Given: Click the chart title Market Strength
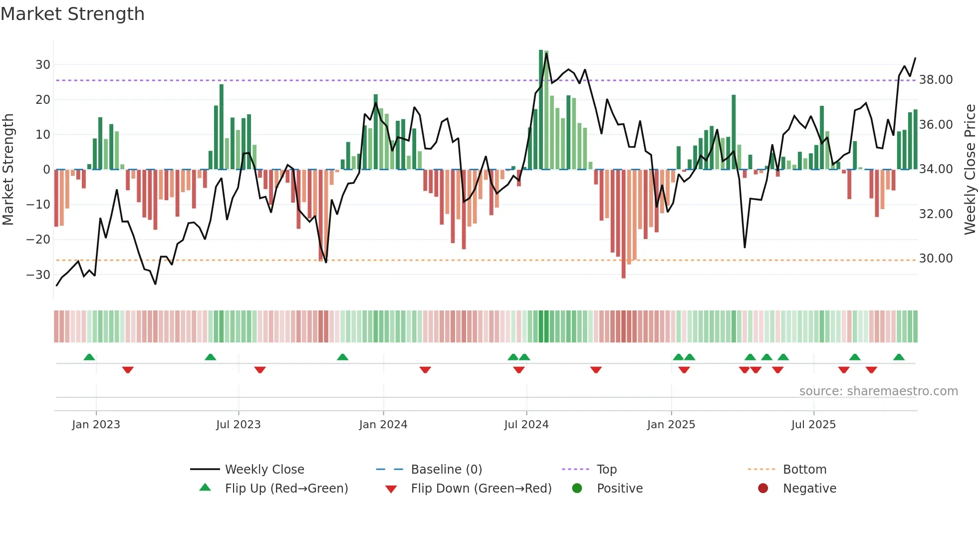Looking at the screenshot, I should tap(72, 14).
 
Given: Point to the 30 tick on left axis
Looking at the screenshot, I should tap(42, 64).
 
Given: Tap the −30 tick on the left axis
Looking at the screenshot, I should tap(38, 275).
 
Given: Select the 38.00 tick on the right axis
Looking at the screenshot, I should tap(936, 80).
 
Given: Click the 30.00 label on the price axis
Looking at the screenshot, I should tap(936, 259).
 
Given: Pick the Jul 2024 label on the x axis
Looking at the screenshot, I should tap(526, 425).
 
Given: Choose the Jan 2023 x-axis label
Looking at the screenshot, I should tap(96, 425).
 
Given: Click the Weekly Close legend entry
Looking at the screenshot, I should tap(264, 470).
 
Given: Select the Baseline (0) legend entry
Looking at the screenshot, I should tap(446, 470).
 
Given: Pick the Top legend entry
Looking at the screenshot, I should tap(606, 470).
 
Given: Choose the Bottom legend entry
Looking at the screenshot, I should tap(804, 470).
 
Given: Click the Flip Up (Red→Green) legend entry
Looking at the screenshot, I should tap(286, 489).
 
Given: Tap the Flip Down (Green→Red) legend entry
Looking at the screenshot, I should tap(481, 489).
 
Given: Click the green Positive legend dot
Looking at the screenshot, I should tap(577, 489).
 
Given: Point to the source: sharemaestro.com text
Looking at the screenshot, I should tap(878, 391).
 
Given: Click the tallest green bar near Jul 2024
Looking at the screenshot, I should tap(541, 110).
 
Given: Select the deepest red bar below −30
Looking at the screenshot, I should tap(623, 225).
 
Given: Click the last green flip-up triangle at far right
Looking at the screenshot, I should tap(899, 357).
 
